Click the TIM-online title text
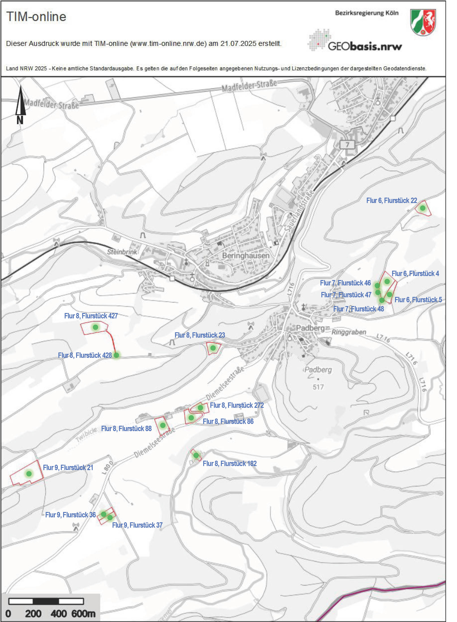pos(36,17)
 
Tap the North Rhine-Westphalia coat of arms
pos(423,22)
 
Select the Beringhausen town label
pos(246,255)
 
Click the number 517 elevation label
pos(318,387)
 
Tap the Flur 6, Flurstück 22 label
pos(391,201)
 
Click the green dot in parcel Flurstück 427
pos(95,327)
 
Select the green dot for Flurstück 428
pos(116,355)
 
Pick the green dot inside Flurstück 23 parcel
pos(213,348)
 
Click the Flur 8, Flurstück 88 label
pos(126,429)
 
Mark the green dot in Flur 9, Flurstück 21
pos(29,474)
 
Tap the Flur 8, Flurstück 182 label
pos(230,464)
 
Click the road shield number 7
pos(348,145)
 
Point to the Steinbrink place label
pos(122,252)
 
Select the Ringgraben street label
pos(349,332)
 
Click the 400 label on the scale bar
pos(58,613)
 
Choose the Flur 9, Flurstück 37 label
pos(137,525)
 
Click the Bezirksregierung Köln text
pos(367,13)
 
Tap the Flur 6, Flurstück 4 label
pos(415,274)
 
